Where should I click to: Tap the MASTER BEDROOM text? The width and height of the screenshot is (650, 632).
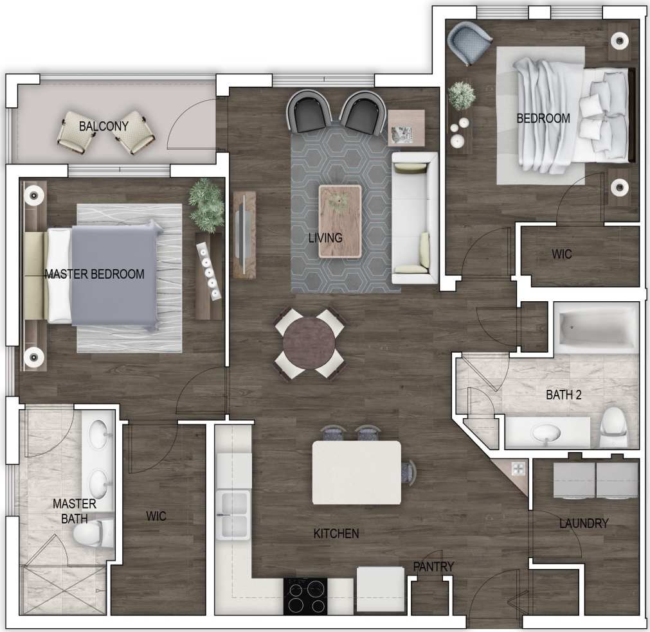[x=95, y=274]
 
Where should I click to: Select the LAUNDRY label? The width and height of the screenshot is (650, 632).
[x=583, y=523]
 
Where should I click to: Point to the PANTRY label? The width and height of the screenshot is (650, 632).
[x=433, y=566]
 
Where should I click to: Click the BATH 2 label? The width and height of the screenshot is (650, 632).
[x=564, y=395]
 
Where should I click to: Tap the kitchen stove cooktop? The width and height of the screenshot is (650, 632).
[x=305, y=596]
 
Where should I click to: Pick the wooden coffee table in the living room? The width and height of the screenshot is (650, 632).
[x=340, y=221]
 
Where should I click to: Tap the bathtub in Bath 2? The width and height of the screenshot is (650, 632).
[x=596, y=328]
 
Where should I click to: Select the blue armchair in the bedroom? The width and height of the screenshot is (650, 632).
[x=471, y=42]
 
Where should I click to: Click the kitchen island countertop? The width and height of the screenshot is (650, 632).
[x=356, y=472]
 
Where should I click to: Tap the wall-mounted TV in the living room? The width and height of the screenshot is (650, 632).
[x=244, y=234]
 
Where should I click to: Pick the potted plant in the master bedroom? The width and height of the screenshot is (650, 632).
[x=206, y=204]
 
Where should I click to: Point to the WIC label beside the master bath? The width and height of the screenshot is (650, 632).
[x=156, y=516]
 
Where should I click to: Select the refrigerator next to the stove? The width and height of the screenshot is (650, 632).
[x=381, y=590]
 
